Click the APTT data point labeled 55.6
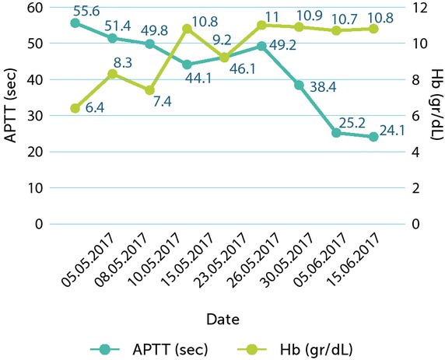75,23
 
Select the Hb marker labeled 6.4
75,108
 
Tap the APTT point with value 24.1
373,137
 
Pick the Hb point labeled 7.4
149,90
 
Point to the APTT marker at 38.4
299,85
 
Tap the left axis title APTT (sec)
10,115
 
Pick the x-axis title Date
223,319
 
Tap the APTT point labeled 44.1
187,65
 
